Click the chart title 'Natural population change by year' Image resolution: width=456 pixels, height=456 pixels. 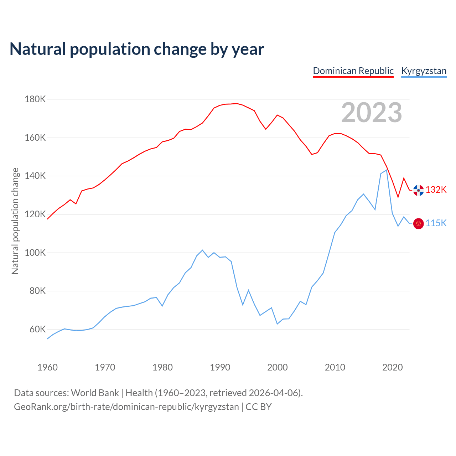137,49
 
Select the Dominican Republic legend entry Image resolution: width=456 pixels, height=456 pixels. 353,71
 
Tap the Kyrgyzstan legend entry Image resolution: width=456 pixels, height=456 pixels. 424,71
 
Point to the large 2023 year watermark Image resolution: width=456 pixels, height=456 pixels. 372,113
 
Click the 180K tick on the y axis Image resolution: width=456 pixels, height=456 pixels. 35,99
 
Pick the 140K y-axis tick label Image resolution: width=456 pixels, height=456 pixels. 35,176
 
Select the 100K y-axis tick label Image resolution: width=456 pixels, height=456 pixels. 35,253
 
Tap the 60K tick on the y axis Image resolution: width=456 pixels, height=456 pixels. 37,329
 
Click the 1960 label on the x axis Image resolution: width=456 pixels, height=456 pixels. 47,367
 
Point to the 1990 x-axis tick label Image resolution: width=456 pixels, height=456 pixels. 220,367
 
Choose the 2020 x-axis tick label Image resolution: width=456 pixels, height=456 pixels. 392,367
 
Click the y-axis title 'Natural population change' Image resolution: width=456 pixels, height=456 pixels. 15,221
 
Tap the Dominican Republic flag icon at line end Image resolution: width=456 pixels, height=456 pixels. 418,190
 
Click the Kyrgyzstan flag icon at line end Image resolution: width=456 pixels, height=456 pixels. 418,224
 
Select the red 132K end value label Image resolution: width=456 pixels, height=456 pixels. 436,190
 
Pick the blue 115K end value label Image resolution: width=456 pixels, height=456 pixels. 436,223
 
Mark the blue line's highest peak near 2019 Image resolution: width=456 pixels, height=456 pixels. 387,170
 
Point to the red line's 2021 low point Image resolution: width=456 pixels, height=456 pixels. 398,197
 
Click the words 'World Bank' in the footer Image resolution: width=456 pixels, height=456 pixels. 95,393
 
